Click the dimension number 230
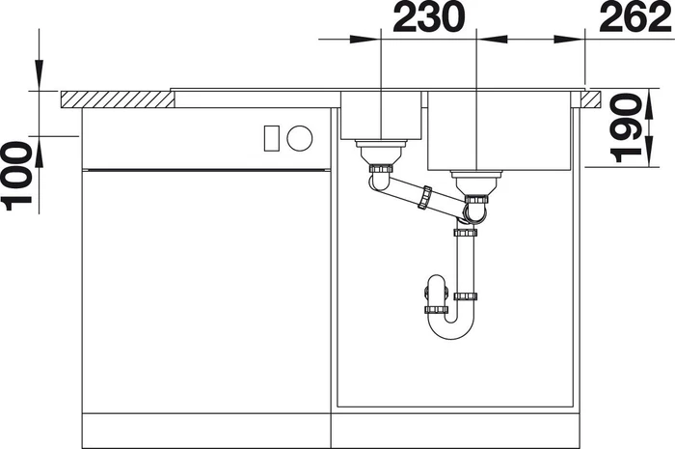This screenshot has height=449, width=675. (x=429, y=16)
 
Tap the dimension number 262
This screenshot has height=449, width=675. (x=635, y=17)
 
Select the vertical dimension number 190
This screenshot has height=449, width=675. (x=627, y=127)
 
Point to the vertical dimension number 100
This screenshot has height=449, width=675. (x=16, y=176)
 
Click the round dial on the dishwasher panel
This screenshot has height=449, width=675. (x=300, y=138)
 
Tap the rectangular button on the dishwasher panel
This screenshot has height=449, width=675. (x=272, y=138)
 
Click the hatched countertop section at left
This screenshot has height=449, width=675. (x=117, y=99)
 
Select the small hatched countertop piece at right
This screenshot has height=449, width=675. (x=590, y=98)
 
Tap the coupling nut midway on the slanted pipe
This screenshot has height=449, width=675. (x=425, y=197)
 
